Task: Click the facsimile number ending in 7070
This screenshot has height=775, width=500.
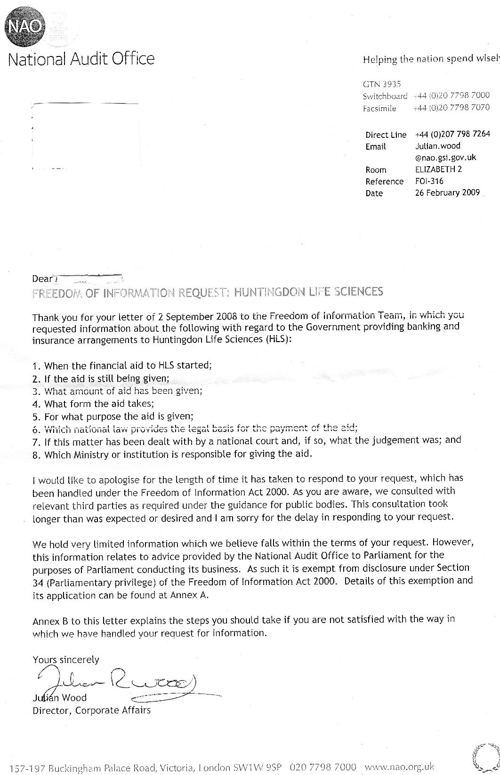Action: (452, 108)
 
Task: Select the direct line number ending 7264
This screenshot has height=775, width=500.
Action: (452, 134)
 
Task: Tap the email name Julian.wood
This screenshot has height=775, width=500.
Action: (437, 146)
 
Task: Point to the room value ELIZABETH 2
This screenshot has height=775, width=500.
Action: (438, 169)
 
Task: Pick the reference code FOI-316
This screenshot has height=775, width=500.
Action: (429, 181)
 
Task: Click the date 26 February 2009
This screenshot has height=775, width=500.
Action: (447, 192)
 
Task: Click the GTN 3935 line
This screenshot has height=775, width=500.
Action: (382, 84)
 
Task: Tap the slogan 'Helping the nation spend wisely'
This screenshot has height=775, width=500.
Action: (430, 59)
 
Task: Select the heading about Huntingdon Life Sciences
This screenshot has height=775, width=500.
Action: (208, 292)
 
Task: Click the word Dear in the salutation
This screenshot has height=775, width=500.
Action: (41, 279)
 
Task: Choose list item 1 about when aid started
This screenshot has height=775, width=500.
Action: (122, 365)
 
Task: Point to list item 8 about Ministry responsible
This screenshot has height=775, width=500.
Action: (172, 455)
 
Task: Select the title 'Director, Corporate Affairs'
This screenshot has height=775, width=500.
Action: (92, 711)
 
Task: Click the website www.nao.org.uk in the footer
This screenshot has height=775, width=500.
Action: (399, 767)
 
